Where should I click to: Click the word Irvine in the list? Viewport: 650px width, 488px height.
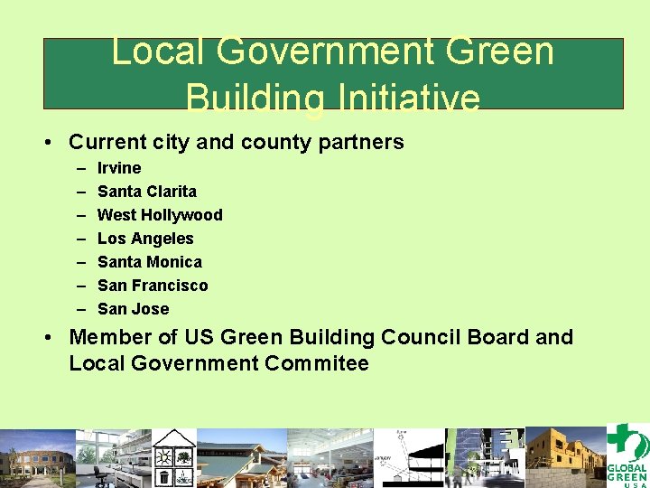pyautogui.click(x=119, y=168)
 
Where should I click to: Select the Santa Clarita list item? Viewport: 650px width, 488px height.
pyautogui.click(x=146, y=192)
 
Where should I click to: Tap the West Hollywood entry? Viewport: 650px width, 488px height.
pyautogui.click(x=159, y=215)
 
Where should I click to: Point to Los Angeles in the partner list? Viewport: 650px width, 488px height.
pyautogui.click(x=145, y=239)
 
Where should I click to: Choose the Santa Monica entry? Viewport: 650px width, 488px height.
pyautogui.click(x=149, y=262)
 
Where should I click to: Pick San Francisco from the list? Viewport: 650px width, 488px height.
pyautogui.click(x=152, y=286)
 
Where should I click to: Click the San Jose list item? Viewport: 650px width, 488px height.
pyautogui.click(x=133, y=309)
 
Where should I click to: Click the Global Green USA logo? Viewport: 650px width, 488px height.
pyautogui.click(x=627, y=455)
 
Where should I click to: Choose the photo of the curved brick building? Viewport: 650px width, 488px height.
pyautogui.click(x=37, y=458)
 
